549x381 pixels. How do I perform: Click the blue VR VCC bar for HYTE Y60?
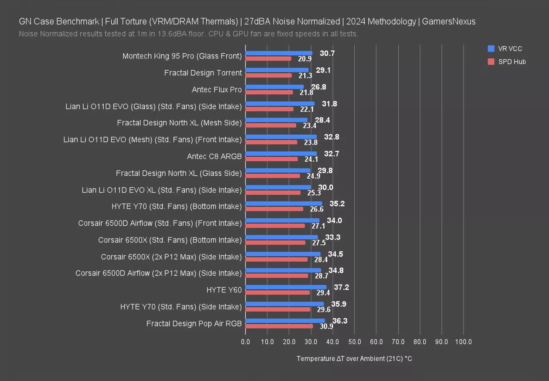(x=286, y=287)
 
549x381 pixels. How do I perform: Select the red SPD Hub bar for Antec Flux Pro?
(x=269, y=92)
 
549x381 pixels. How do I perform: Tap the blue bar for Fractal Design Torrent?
(x=277, y=70)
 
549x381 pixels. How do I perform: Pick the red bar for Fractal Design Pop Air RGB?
(x=279, y=326)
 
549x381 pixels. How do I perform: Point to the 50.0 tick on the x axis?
(x=354, y=342)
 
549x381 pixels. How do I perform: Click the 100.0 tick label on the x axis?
(x=463, y=342)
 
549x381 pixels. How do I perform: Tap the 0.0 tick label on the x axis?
(x=246, y=342)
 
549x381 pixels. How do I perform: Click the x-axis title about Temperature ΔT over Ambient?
(x=354, y=359)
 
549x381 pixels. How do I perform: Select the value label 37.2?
(x=341, y=287)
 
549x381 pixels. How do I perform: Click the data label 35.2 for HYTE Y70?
(x=337, y=204)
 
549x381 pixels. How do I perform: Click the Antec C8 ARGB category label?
(x=214, y=156)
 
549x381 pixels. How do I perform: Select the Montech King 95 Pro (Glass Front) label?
(x=182, y=56)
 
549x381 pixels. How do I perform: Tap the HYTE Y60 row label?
(x=224, y=290)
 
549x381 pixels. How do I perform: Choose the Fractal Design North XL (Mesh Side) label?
(x=179, y=123)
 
